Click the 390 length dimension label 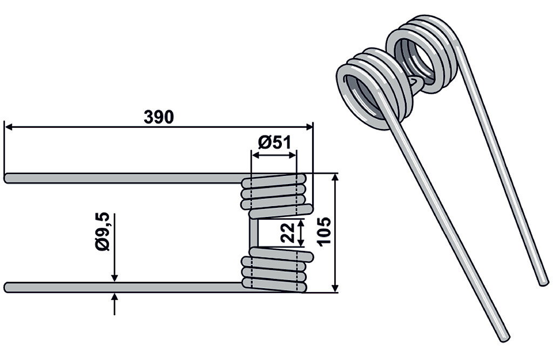(159, 117)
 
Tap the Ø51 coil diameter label (274, 143)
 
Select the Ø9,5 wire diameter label (103, 232)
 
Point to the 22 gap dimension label (287, 233)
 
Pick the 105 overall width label (324, 232)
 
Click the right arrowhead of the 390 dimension (309, 127)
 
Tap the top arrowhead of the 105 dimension (335, 178)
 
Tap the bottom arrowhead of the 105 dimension (335, 288)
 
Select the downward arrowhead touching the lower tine (114, 278)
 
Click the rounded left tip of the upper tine (6, 178)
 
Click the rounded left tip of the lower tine (6, 287)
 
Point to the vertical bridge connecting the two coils (254, 233)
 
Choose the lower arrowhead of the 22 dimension (301, 242)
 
